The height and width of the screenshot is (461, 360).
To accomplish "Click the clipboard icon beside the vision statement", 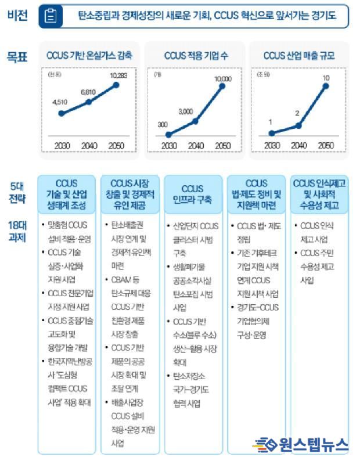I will coord(51,17).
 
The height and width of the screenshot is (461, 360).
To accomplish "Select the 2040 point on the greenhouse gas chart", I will coord(88,102).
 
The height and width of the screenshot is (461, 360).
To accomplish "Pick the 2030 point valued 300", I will coord(169,134).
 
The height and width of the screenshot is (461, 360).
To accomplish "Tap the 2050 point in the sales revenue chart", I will coord(325,86).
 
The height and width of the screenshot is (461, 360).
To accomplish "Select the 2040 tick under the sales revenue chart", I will coord(297,145).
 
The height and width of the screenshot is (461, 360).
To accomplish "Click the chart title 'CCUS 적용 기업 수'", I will coord(196,56).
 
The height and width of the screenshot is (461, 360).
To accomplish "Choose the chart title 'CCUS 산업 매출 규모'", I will coord(298,56).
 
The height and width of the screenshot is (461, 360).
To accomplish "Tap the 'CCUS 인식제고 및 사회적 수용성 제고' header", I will coord(319,195).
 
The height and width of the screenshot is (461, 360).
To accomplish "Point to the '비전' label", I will coord(17,16).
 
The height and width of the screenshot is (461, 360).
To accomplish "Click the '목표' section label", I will coord(17,56).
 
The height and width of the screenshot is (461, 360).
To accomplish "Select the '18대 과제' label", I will coord(17,231).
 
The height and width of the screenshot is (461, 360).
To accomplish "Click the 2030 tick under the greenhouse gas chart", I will coord(61,145).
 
